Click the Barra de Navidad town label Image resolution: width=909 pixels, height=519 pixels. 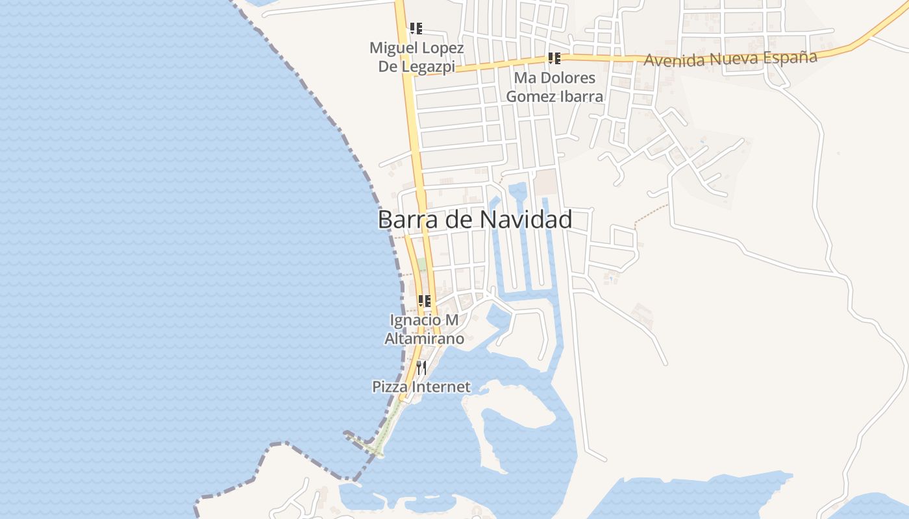point(475,219)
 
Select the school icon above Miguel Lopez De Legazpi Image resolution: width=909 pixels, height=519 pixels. point(416,29)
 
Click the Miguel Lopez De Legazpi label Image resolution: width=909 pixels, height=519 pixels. point(416,58)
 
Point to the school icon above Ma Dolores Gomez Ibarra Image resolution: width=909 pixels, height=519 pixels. point(554,58)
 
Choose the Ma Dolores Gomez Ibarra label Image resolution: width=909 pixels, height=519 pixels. point(554,88)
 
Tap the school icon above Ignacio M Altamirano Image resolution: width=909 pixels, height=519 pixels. point(425,301)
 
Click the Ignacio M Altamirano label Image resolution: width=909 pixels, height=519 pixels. point(425,330)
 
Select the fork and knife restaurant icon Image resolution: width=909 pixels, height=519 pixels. point(421,368)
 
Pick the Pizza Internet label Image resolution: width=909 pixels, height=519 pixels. point(421,387)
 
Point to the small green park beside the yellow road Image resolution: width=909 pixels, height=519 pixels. point(422,265)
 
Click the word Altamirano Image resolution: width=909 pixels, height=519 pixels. point(425,339)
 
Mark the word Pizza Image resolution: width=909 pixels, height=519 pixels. point(388,387)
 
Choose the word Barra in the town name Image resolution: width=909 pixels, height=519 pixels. point(401,219)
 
